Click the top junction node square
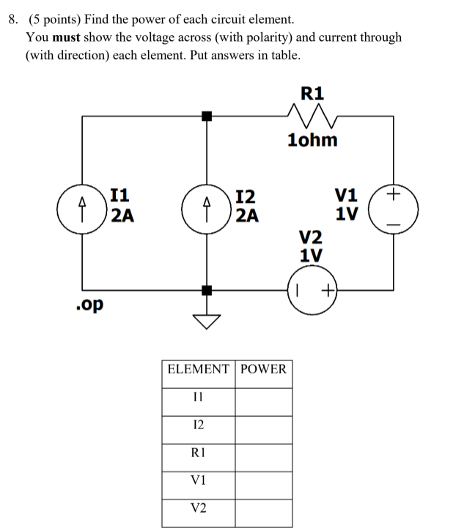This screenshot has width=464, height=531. (207, 115)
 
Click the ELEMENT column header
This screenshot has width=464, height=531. (198, 369)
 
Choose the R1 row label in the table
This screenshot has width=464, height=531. (198, 452)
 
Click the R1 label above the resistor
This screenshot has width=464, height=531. (312, 93)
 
